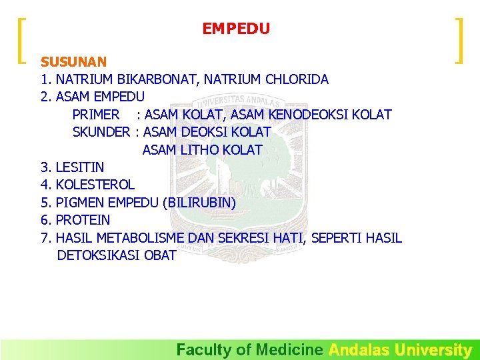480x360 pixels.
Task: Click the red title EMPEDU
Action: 236,29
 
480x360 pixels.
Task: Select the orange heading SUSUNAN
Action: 73,62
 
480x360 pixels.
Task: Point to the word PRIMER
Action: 96,115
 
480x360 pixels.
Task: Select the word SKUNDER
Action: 101,132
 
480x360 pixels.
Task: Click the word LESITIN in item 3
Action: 80,167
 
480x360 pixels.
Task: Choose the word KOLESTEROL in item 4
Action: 95,185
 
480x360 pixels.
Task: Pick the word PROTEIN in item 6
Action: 83,220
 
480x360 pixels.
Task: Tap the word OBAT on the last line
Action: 160,255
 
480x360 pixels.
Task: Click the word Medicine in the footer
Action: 290,349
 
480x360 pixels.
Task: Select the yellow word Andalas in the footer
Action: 359,349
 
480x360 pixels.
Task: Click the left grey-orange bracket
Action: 23,41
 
